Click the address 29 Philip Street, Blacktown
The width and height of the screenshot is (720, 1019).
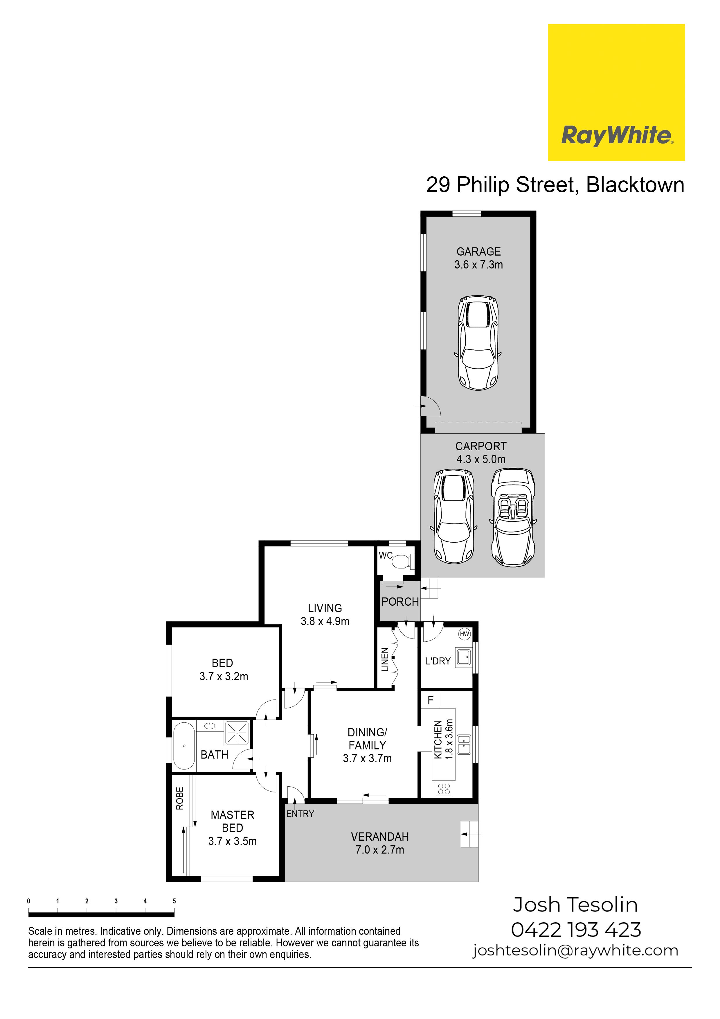(555, 185)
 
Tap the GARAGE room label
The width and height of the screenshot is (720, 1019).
(479, 252)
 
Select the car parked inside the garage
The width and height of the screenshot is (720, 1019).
(478, 343)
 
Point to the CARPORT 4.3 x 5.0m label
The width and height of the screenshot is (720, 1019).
(481, 453)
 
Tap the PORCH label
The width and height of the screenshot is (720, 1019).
(400, 602)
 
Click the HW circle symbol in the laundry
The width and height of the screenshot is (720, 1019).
(465, 634)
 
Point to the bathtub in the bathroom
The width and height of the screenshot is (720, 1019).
(184, 746)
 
